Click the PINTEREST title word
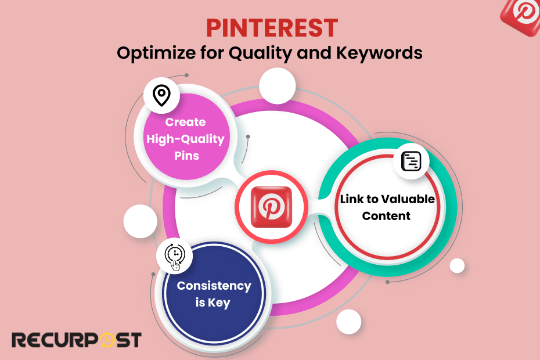[x=272, y=28]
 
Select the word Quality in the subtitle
[x=255, y=53]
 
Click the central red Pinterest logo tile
[x=272, y=206]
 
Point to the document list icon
[x=411, y=161]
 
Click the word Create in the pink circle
[x=185, y=122]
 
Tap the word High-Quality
[x=185, y=139]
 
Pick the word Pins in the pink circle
[x=185, y=156]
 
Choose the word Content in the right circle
[x=386, y=216]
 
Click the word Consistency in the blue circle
[x=214, y=286]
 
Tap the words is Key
[x=214, y=303]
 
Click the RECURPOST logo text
[x=76, y=340]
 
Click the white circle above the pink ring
[x=277, y=87]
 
